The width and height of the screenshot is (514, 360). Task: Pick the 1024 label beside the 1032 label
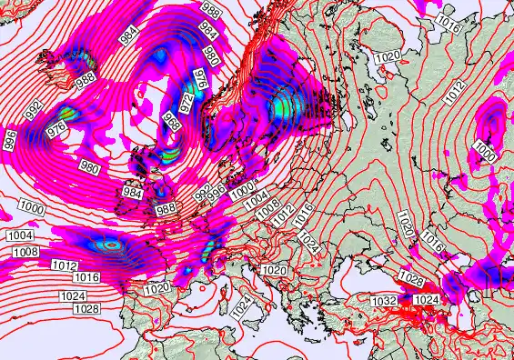point(426,299)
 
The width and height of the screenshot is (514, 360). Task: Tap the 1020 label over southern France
point(157,288)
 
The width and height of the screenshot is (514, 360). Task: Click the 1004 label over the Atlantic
point(20,236)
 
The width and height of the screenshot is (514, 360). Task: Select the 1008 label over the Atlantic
point(25,252)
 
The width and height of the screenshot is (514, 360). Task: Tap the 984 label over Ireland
point(132,192)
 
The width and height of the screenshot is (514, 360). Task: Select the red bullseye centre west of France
point(111,244)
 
